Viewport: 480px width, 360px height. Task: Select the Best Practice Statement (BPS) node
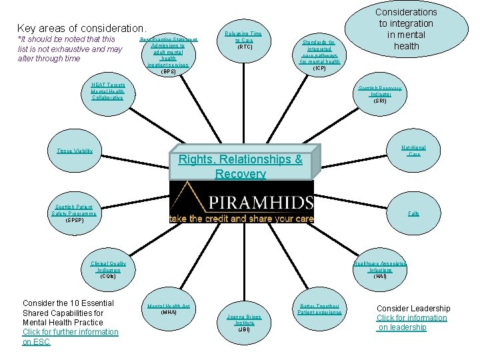168,55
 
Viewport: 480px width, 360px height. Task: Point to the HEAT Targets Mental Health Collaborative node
107,91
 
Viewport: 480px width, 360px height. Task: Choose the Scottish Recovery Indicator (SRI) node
379,94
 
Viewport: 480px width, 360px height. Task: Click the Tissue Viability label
75,151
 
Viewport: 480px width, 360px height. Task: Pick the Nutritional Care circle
413,151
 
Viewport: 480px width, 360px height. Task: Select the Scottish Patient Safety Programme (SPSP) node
75,213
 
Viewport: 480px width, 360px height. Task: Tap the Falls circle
413,213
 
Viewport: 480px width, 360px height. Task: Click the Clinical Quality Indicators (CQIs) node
108,269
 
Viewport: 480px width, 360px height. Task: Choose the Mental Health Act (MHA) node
168,309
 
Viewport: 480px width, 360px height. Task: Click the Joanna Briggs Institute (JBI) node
244,322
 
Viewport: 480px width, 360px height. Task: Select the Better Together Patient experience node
319,309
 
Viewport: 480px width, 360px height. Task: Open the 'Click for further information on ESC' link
70,337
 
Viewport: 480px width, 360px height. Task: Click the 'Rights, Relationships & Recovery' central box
241,166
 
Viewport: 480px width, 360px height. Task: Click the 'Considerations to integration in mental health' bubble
406,29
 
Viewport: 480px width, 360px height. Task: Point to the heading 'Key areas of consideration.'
81,28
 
